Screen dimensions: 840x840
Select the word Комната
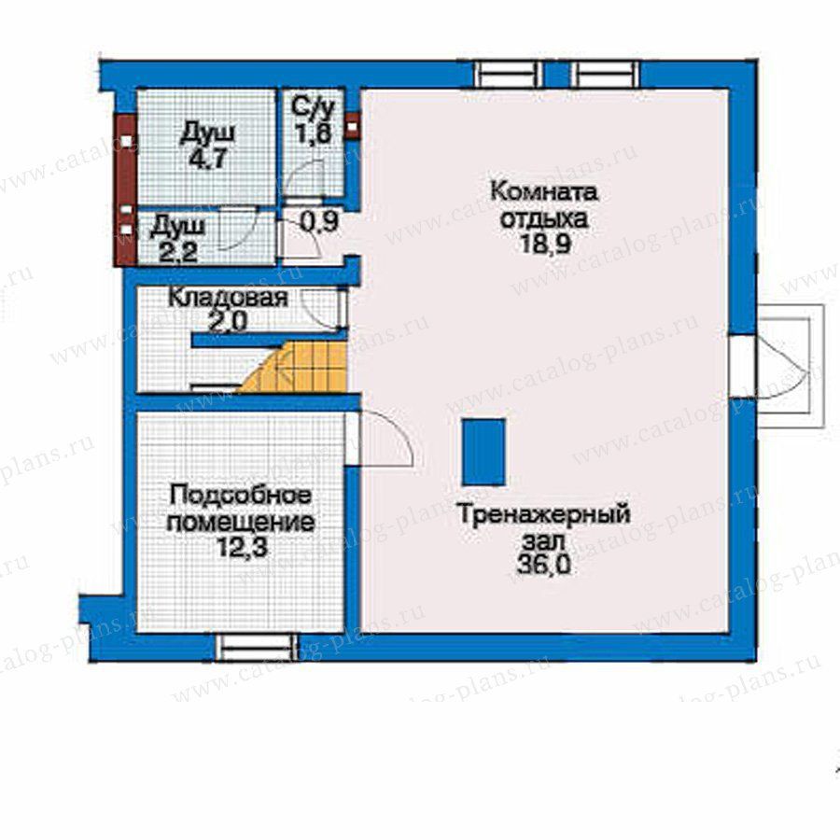[544, 191]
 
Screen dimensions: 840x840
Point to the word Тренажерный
[543, 515]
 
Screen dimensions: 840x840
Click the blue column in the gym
[484, 452]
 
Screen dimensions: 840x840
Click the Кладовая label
[229, 298]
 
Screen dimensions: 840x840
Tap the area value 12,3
[242, 548]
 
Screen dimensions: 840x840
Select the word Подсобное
[240, 495]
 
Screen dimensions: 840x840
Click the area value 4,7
[208, 159]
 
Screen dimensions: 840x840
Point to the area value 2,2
[178, 252]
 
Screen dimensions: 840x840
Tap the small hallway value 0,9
[319, 223]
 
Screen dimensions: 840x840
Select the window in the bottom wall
[256, 647]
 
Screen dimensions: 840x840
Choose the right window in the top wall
[605, 74]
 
